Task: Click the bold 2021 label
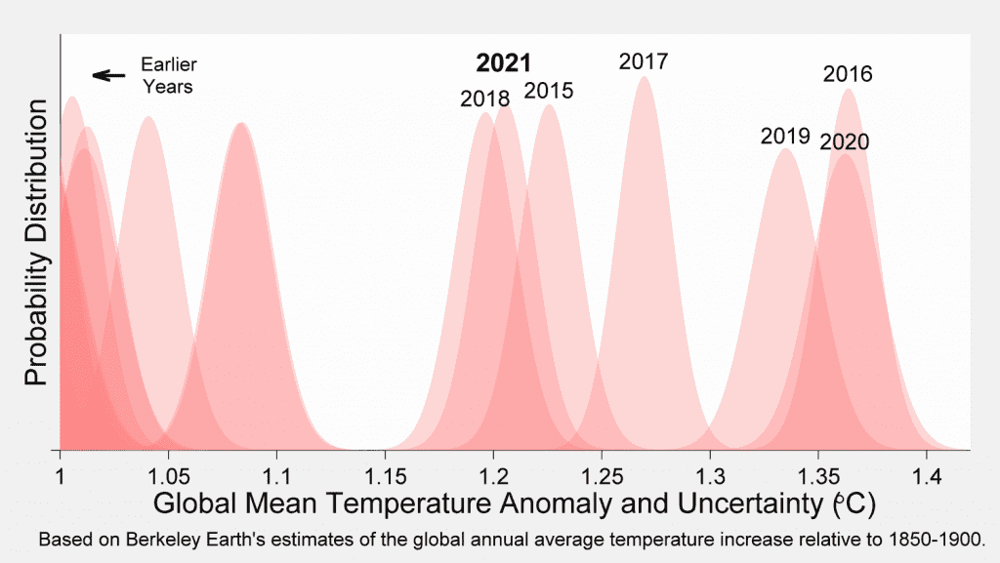(503, 63)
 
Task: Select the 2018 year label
(485, 99)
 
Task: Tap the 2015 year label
(549, 91)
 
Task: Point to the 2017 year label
(644, 61)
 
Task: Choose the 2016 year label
(848, 74)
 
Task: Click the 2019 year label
(785, 136)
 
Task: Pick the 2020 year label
(845, 141)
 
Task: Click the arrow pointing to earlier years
(109, 76)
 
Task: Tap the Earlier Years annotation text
(169, 75)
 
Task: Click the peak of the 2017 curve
(645, 77)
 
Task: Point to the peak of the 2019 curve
(786, 149)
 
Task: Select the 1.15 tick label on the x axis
(385, 476)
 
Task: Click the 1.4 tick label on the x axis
(927, 476)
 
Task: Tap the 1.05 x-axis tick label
(168, 476)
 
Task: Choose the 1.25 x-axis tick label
(602, 476)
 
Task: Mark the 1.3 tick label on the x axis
(710, 476)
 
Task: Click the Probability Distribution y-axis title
(36, 242)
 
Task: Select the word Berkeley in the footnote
(161, 541)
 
